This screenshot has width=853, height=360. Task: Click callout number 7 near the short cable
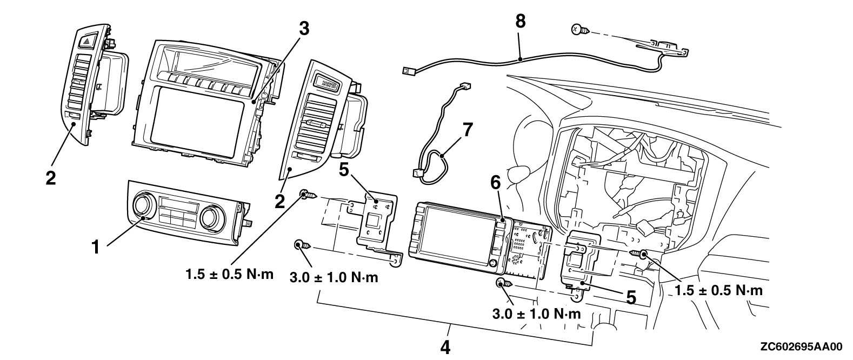point(467,130)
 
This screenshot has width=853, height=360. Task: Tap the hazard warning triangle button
point(86,39)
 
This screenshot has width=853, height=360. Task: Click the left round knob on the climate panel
point(144,206)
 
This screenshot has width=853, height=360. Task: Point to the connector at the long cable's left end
point(408,69)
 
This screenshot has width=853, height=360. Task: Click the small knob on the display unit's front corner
point(493,263)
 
